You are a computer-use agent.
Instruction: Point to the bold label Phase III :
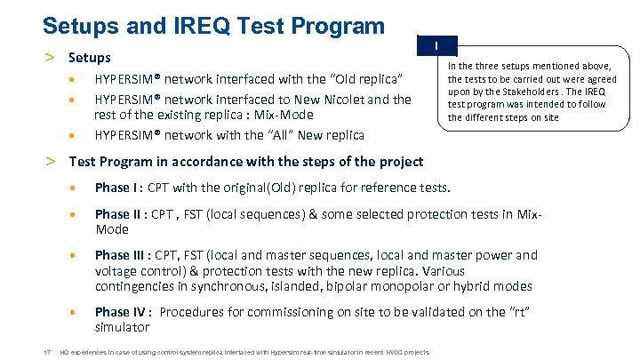[x=123, y=255]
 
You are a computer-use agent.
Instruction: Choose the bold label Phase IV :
[x=124, y=312]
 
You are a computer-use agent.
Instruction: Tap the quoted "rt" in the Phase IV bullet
[x=523, y=312]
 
